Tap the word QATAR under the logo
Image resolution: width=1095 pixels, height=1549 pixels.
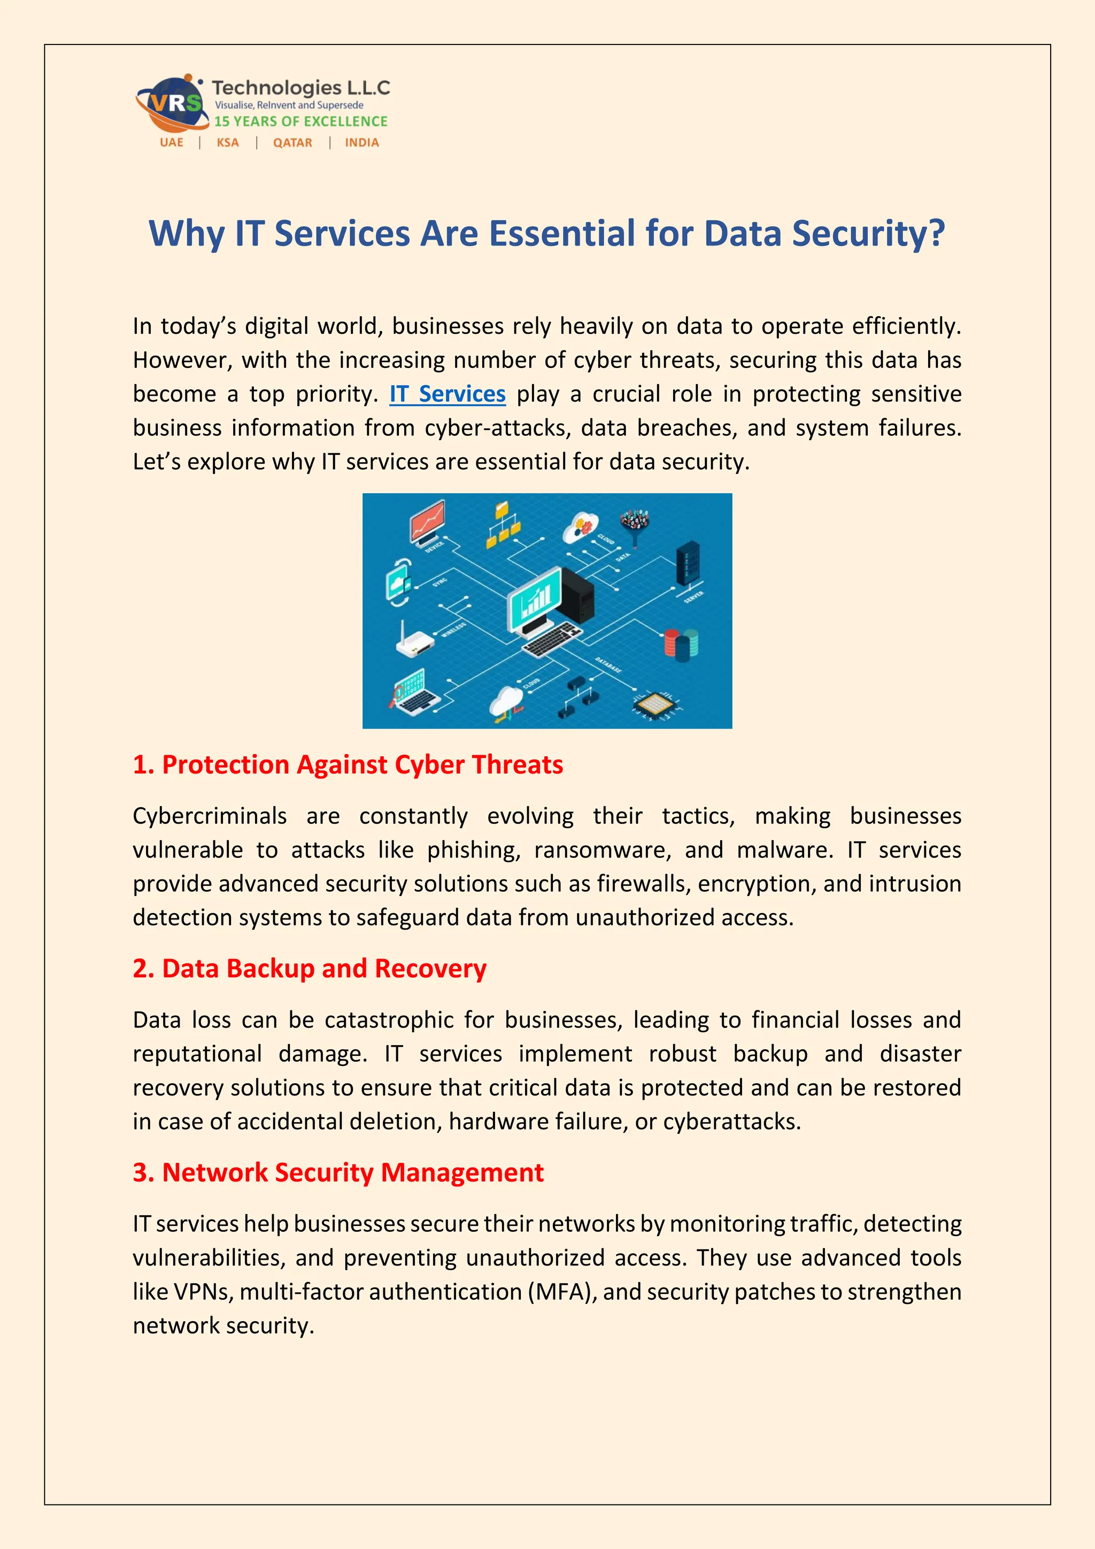(x=292, y=143)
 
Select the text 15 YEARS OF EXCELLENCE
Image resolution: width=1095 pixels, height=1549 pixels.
(x=300, y=121)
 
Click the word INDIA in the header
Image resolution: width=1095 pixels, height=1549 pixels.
(x=361, y=143)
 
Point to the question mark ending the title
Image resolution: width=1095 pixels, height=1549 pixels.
(x=936, y=233)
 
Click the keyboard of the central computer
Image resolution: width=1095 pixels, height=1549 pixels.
(x=553, y=639)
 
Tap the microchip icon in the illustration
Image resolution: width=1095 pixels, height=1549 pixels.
(x=653, y=704)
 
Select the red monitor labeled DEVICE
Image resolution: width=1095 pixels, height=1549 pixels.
(x=428, y=522)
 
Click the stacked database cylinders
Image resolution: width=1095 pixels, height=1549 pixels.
(x=681, y=645)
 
